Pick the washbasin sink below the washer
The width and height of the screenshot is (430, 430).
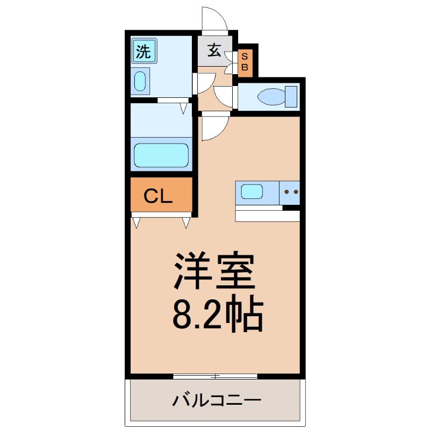point(140,82)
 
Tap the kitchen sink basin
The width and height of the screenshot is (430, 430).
point(252,192)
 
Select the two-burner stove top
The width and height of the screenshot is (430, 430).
point(290,192)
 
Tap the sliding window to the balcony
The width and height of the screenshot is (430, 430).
point(215,376)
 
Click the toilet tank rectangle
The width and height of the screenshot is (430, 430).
point(291,97)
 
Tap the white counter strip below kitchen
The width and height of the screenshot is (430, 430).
point(268,215)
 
